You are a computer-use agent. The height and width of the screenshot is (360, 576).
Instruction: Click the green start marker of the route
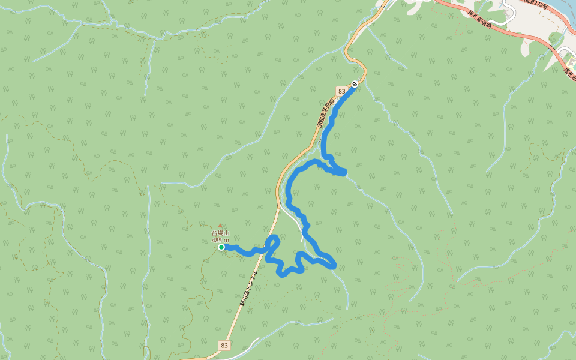[x=221, y=247]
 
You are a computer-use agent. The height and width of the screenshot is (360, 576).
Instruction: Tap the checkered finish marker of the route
[x=355, y=84]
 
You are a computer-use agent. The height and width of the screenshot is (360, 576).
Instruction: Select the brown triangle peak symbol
[x=220, y=226]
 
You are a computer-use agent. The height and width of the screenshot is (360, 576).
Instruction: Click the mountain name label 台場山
[x=220, y=233]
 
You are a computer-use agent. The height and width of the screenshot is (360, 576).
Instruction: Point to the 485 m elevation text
[x=220, y=241]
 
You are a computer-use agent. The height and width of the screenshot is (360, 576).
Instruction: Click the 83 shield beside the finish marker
[x=342, y=91]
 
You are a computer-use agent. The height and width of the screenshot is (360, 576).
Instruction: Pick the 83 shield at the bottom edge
[x=224, y=346]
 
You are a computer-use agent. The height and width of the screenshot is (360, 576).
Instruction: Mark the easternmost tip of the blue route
[x=344, y=173]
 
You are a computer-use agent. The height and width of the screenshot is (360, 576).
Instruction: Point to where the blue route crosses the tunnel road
[x=268, y=251]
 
